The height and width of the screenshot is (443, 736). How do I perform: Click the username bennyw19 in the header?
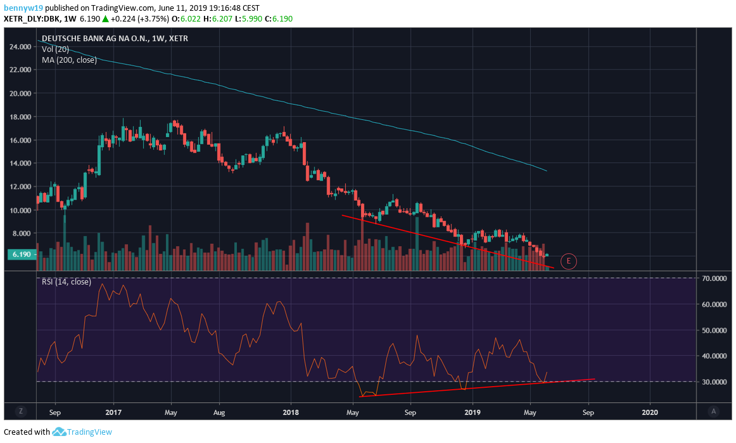point(23,8)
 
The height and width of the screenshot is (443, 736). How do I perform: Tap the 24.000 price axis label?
point(20,47)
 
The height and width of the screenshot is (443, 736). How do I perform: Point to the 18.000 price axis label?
point(20,117)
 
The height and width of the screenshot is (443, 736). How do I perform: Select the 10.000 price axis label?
point(20,210)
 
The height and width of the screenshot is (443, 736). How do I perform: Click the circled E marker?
point(569,260)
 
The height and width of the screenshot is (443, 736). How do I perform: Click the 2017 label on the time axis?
point(113,412)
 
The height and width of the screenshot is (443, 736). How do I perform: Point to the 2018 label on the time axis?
point(291,412)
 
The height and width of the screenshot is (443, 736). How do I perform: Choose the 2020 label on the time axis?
point(650,412)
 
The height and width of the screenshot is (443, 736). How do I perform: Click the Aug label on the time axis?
point(219,412)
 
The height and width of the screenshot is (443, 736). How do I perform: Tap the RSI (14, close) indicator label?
point(66,281)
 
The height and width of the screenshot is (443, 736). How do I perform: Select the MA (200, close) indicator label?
point(70,60)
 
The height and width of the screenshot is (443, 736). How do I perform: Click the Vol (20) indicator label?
point(55,49)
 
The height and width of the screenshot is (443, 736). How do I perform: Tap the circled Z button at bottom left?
point(21,411)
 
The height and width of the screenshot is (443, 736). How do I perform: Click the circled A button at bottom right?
point(714,411)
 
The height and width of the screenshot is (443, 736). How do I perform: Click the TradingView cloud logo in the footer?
point(60,432)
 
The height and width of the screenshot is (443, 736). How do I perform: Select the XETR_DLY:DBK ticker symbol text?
point(31,19)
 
